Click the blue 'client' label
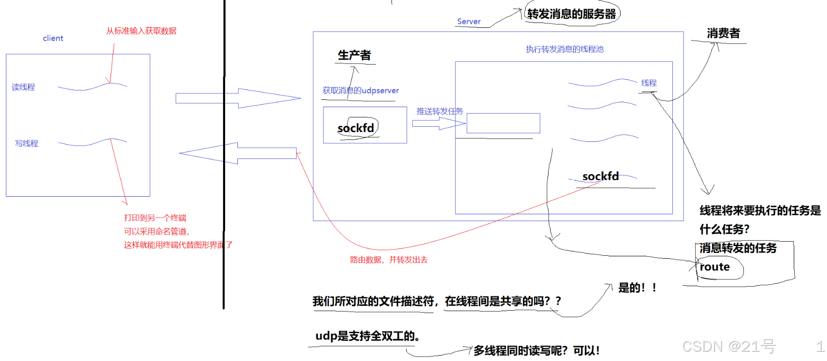pyautogui.click(x=53, y=38)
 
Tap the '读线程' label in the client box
pyautogui.click(x=23, y=87)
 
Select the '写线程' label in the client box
pyautogui.click(x=26, y=143)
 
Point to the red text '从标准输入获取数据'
pyautogui.click(x=141, y=31)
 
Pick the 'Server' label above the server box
pyautogui.click(x=468, y=22)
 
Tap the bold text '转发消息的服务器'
pyautogui.click(x=571, y=14)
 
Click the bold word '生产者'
pyautogui.click(x=354, y=55)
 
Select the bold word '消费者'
pyautogui.click(x=723, y=33)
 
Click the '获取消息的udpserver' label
pyautogui.click(x=361, y=90)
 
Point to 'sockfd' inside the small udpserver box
pyautogui.click(x=356, y=128)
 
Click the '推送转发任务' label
pyautogui.click(x=439, y=111)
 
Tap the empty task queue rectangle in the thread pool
pyautogui.click(x=503, y=123)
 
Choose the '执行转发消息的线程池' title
pyautogui.click(x=564, y=49)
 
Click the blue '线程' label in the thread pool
pyautogui.click(x=649, y=83)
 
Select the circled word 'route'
pyautogui.click(x=714, y=267)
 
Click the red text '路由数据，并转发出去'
pyautogui.click(x=389, y=260)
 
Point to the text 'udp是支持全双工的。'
pyautogui.click(x=368, y=336)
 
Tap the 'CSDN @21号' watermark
pyautogui.click(x=729, y=346)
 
